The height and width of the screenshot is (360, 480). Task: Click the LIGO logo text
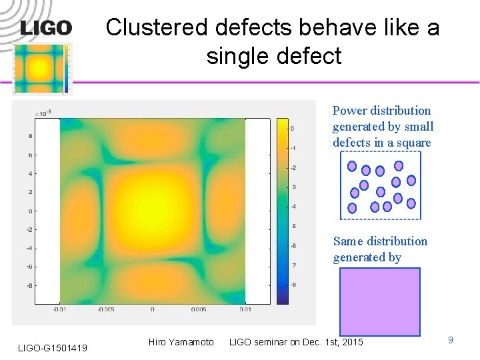tap(46, 28)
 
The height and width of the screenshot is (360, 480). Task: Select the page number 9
tap(450, 340)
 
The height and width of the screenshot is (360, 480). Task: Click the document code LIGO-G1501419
tap(52, 347)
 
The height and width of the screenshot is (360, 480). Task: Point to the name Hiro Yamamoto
tap(181, 342)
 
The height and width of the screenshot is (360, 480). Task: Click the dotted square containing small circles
tap(380, 185)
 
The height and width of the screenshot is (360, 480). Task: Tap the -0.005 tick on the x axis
tap(105, 309)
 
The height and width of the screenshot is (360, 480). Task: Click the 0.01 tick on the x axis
tap(245, 309)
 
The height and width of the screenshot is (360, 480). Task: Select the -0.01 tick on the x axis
tap(59, 309)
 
